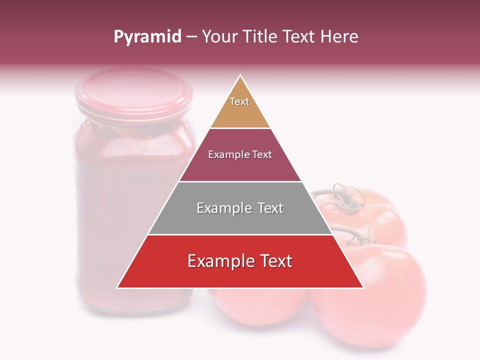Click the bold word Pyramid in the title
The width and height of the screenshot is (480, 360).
click(147, 36)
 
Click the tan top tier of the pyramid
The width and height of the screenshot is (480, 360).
click(240, 112)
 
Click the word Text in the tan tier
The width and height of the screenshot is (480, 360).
click(239, 101)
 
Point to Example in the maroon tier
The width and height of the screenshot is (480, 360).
click(223, 155)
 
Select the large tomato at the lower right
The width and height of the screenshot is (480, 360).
click(370, 295)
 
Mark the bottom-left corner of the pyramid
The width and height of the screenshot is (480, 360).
click(117, 288)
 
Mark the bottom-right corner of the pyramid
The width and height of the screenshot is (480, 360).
click(363, 288)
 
